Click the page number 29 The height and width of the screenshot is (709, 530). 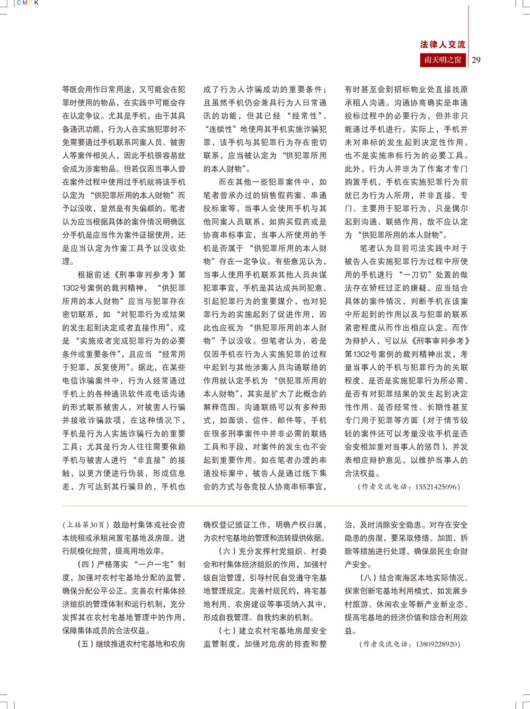(476, 60)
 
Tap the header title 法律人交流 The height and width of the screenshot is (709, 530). (443, 45)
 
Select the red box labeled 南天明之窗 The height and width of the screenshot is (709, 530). (443, 60)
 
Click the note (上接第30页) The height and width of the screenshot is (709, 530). (86, 525)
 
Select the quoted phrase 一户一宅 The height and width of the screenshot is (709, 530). (157, 564)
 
